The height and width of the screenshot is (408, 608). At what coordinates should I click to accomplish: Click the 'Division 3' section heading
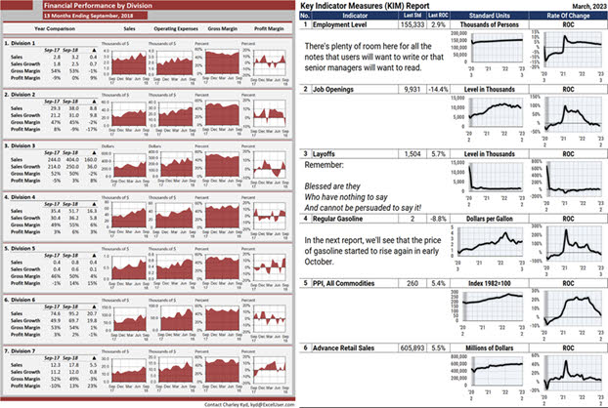(x=25, y=144)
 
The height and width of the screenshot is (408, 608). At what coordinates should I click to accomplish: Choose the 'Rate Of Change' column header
(x=567, y=17)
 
